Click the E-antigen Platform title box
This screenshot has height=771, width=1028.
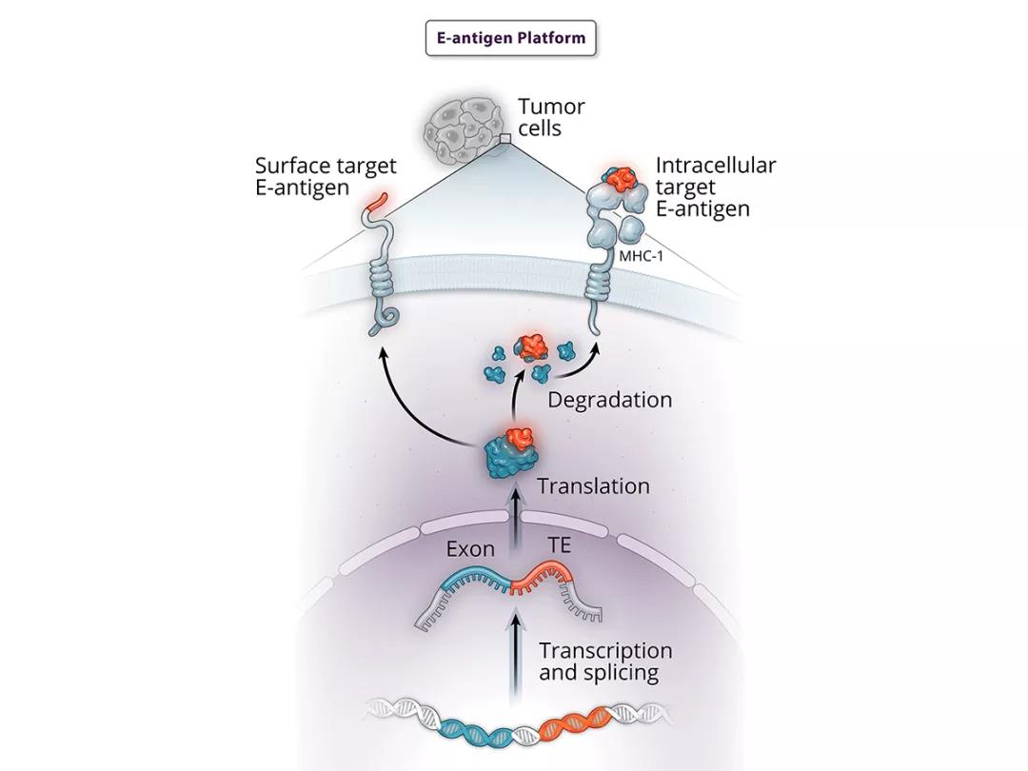coord(511,39)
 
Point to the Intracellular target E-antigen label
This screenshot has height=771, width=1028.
coord(715,187)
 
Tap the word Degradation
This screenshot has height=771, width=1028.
coord(609,399)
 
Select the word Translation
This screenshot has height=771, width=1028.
coord(593,485)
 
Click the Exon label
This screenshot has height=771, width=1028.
coord(470,549)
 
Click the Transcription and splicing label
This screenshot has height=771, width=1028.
coord(605,662)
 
